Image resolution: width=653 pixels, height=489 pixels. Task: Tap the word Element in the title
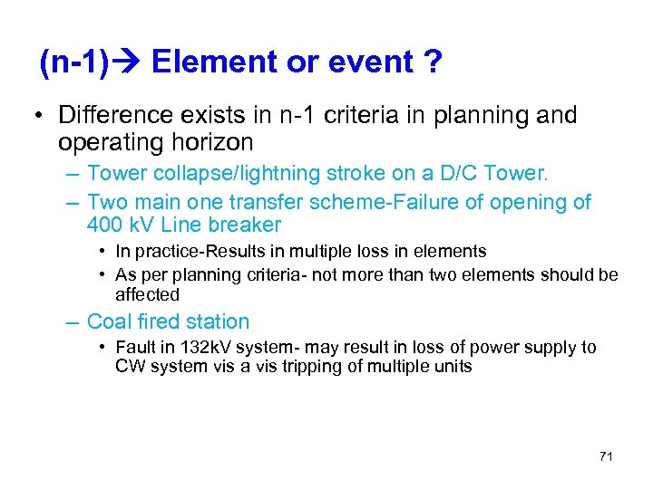pyautogui.click(x=207, y=62)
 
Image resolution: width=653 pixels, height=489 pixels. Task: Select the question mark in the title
pyautogui.click(x=431, y=62)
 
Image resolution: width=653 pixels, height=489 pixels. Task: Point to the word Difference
pyautogui.click(x=112, y=116)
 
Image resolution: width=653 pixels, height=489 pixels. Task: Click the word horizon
pyautogui.click(x=210, y=143)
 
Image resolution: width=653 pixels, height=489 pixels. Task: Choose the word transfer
pyautogui.click(x=264, y=202)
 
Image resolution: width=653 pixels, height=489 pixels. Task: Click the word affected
pyautogui.click(x=148, y=294)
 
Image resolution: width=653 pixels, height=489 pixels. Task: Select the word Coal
pyautogui.click(x=110, y=321)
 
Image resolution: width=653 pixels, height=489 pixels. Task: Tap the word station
pyautogui.click(x=217, y=321)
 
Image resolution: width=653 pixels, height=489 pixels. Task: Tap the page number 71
pyautogui.click(x=606, y=456)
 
